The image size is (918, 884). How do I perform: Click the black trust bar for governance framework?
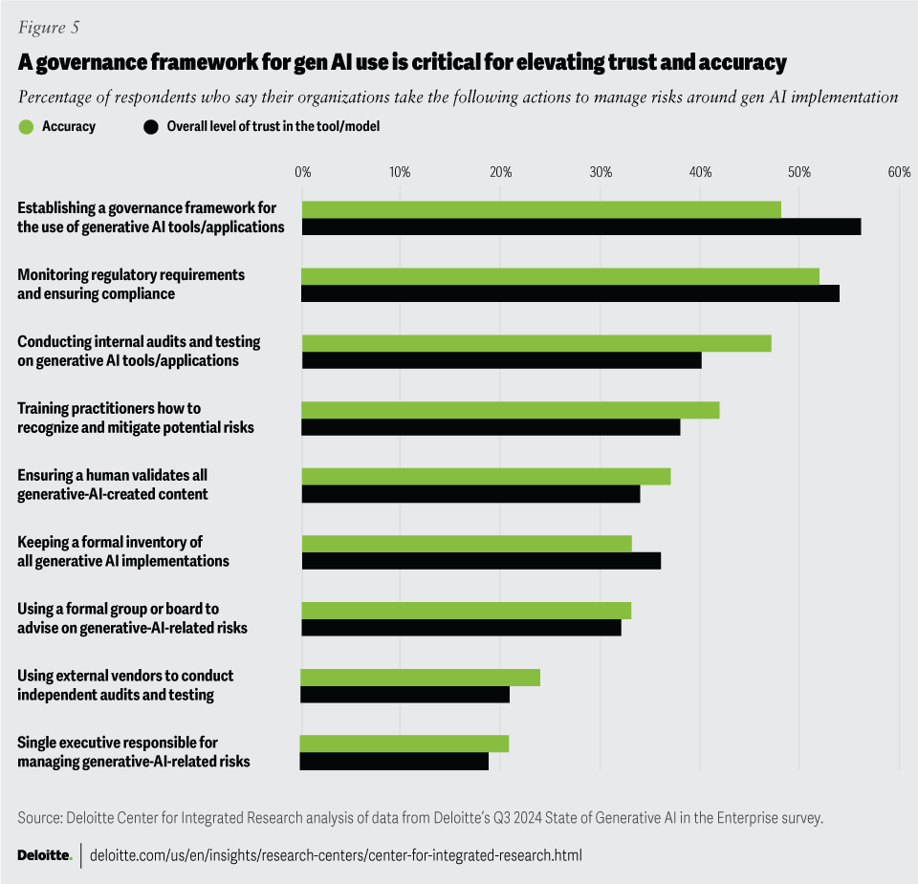click(x=581, y=226)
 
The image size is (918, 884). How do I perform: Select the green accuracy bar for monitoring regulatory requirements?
click(x=560, y=276)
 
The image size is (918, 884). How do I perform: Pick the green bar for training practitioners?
click(x=511, y=410)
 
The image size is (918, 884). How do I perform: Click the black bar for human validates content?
click(x=471, y=494)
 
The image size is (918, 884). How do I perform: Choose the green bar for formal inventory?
click(x=467, y=544)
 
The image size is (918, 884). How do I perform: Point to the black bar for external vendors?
click(x=405, y=695)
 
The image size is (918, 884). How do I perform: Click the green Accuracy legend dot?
click(x=26, y=126)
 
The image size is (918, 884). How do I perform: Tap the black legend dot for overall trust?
click(x=150, y=126)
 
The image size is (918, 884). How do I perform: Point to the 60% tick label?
click(x=899, y=172)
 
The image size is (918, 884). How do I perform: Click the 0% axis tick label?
click(x=303, y=172)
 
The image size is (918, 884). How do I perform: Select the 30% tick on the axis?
click(x=601, y=172)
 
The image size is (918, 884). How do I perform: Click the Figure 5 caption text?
click(x=48, y=28)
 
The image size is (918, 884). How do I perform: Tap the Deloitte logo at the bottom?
click(x=44, y=855)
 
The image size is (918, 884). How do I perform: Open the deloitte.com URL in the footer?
click(x=335, y=855)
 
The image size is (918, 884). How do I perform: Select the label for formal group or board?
click(x=132, y=618)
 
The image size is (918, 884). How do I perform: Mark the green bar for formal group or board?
click(x=467, y=611)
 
